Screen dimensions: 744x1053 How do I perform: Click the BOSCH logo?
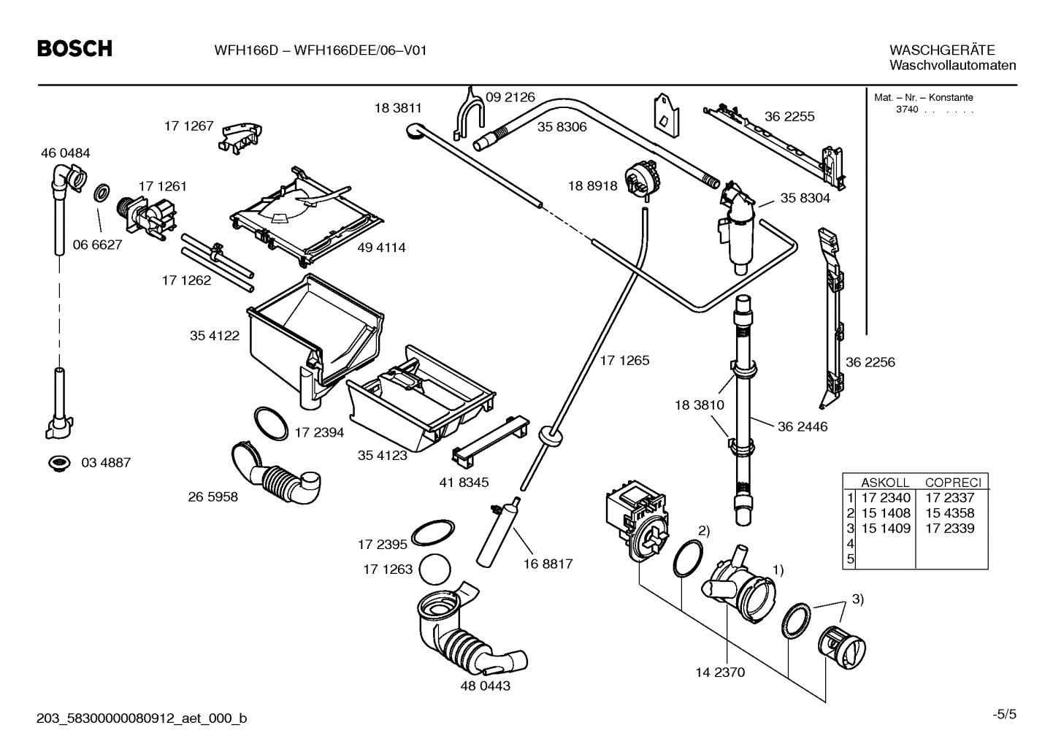pyautogui.click(x=74, y=49)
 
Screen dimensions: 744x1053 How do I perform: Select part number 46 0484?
pyautogui.click(x=65, y=153)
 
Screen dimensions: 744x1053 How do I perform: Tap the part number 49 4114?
pyautogui.click(x=381, y=248)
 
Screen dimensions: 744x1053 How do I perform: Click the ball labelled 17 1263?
pyautogui.click(x=436, y=569)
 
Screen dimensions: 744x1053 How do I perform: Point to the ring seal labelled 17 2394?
pyautogui.click(x=271, y=423)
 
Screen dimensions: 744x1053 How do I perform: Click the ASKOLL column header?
pyautogui.click(x=885, y=483)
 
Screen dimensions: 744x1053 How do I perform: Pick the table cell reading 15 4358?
pyautogui.click(x=949, y=513)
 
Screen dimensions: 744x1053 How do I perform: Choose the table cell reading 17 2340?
pyautogui.click(x=886, y=498)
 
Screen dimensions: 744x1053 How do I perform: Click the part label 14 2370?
pyautogui.click(x=720, y=672)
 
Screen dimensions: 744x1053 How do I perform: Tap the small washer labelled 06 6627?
pyautogui.click(x=102, y=194)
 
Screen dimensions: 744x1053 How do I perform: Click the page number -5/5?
pyautogui.click(x=1004, y=714)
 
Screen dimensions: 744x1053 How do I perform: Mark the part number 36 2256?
pyautogui.click(x=870, y=362)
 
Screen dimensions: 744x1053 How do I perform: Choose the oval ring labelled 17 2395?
pyautogui.click(x=433, y=533)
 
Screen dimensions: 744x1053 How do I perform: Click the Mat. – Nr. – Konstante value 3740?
pyautogui.click(x=907, y=110)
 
